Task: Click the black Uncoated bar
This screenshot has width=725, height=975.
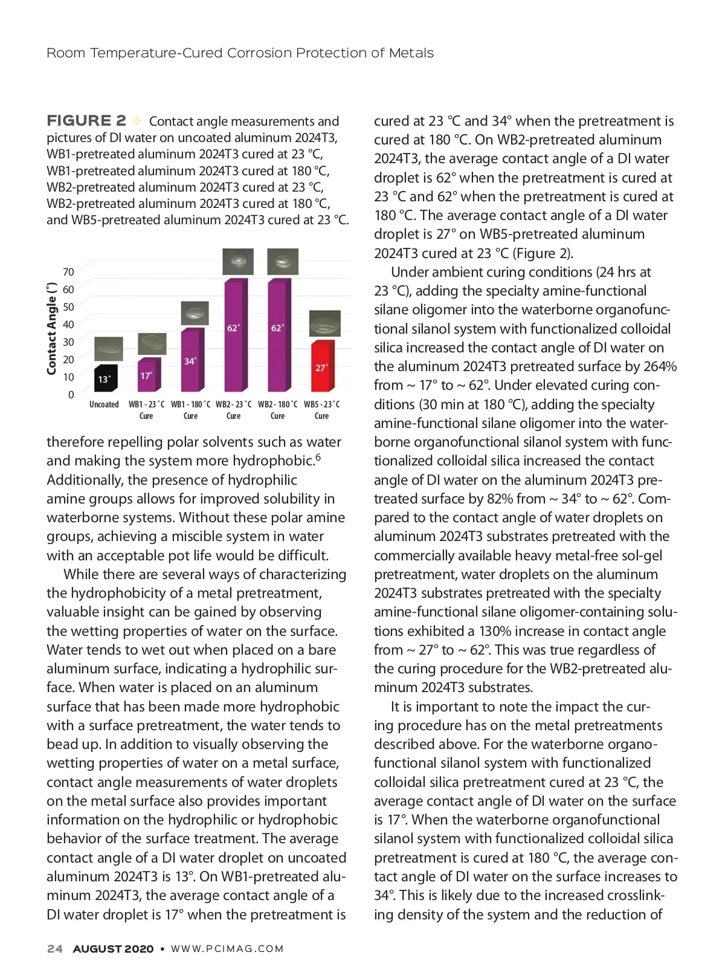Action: [106, 378]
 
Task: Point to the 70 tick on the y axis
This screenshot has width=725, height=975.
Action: [68, 272]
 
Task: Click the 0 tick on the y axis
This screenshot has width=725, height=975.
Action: [71, 395]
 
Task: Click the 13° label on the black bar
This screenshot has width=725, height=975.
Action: [104, 380]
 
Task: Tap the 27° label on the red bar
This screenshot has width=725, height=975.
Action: [321, 368]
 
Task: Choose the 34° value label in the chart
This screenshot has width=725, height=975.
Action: [190, 361]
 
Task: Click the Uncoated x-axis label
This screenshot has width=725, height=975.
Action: [104, 404]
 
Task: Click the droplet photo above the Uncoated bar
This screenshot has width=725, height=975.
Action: [109, 349]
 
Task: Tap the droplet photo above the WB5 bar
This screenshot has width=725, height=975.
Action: [324, 323]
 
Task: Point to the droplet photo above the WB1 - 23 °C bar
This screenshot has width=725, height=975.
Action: [152, 344]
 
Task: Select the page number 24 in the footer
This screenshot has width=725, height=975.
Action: [54, 949]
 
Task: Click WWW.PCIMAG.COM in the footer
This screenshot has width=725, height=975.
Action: [227, 949]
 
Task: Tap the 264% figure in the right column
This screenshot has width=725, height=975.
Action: [660, 366]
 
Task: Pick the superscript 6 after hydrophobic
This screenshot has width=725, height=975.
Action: [318, 457]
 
